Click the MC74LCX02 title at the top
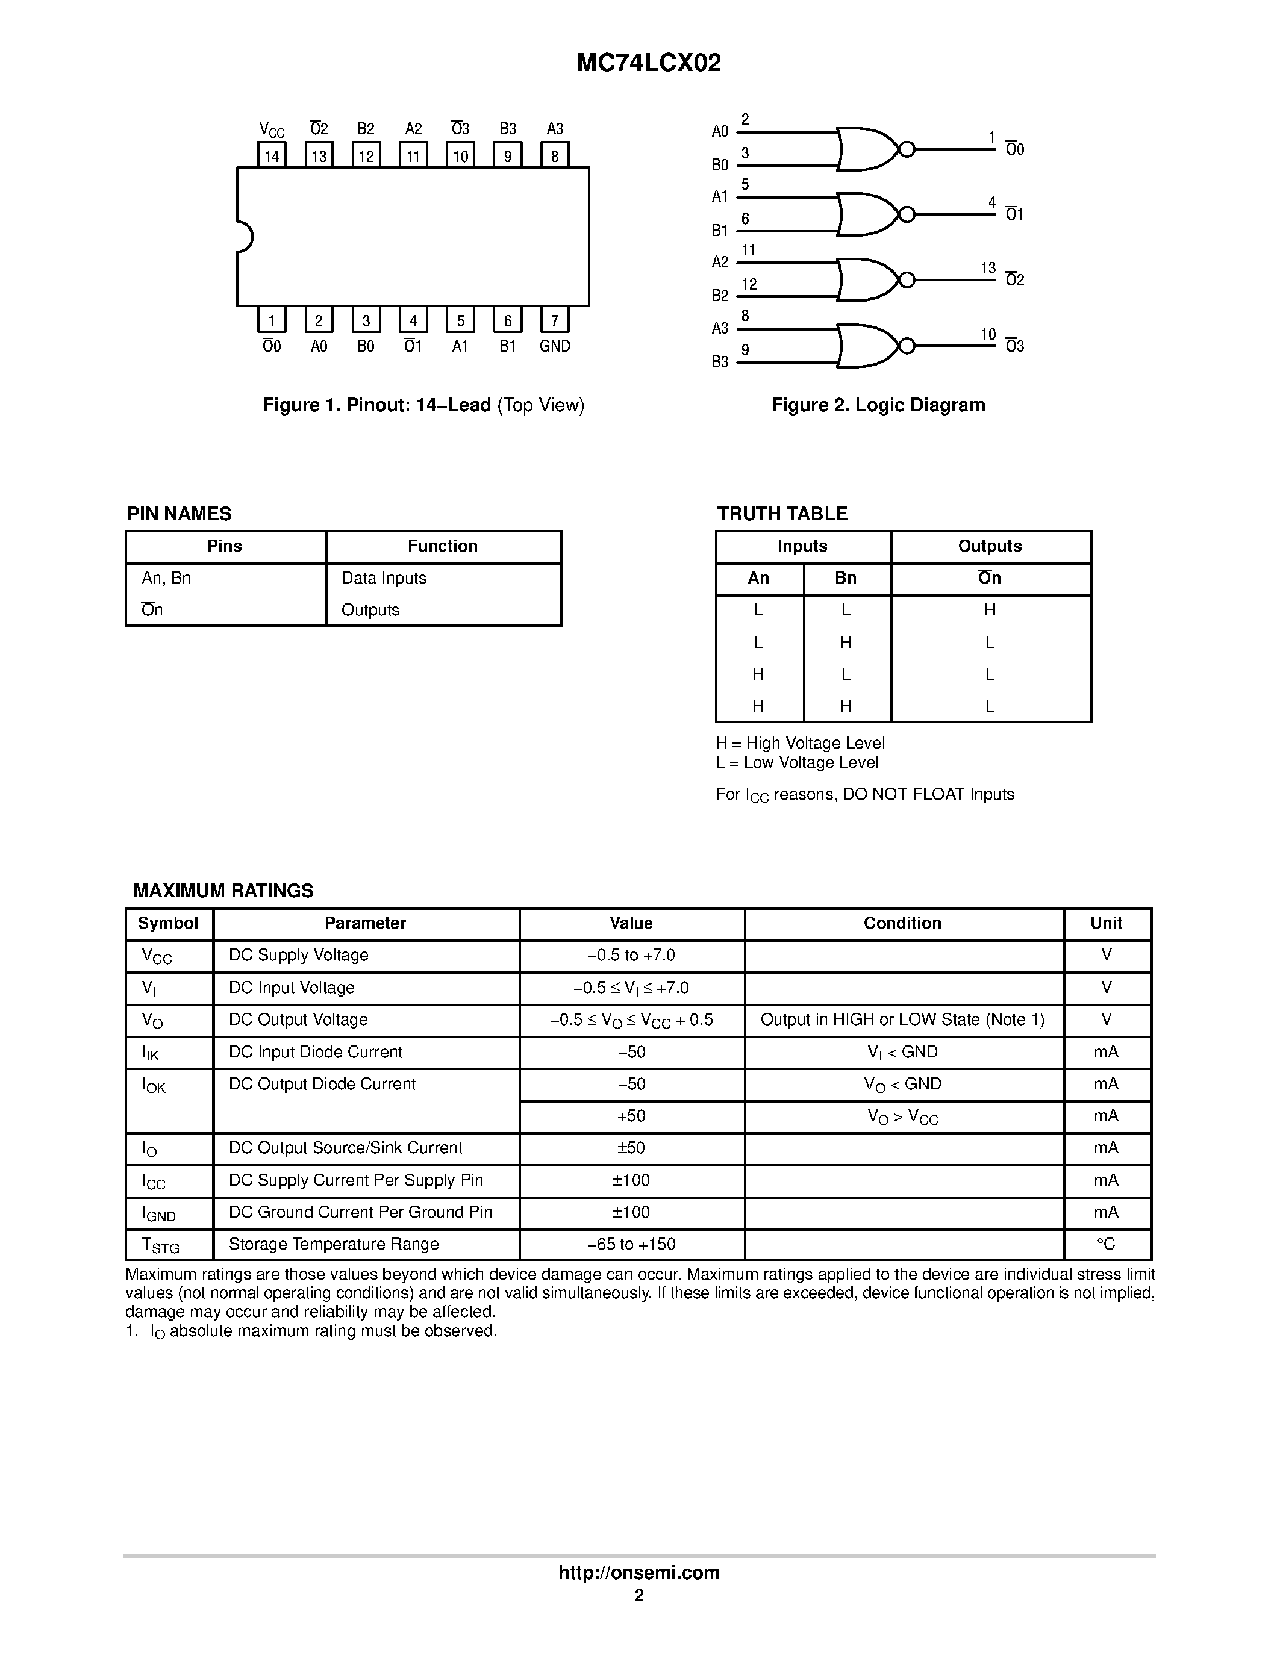648,63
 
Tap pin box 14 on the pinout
272,155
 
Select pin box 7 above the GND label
554,320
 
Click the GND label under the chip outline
554,346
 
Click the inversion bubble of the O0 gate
906,149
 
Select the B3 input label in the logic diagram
720,362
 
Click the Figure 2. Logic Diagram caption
878,405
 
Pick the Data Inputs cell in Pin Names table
384,577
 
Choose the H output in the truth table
990,609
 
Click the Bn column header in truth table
846,577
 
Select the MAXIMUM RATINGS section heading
223,890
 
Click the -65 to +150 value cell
631,1244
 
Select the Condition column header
902,923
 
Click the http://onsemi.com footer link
638,1572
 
